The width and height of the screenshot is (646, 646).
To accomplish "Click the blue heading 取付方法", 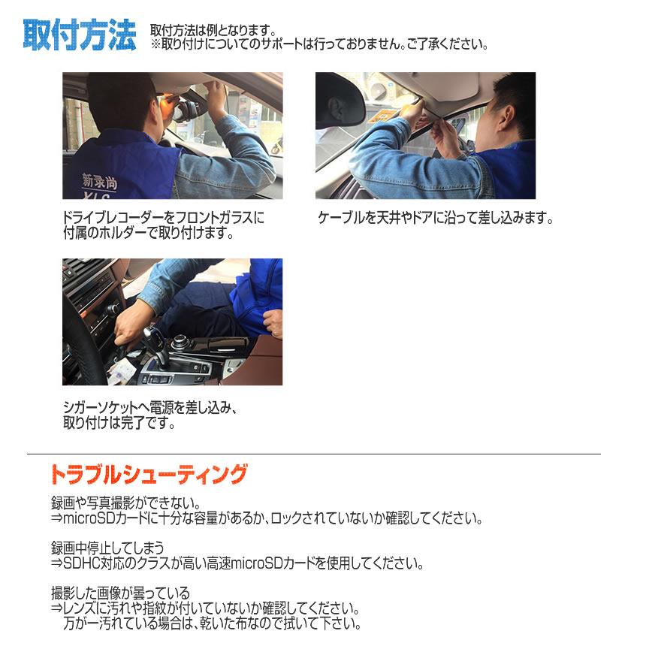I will point(80,35).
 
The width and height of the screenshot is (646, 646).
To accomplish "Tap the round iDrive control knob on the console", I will point(181,344).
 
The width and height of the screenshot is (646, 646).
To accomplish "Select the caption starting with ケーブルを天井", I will point(435,219).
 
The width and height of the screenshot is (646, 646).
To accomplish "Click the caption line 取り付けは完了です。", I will point(119,423).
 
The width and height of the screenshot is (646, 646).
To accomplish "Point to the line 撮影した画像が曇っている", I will point(120,593).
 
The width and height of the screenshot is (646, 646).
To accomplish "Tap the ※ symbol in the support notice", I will point(156,45).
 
